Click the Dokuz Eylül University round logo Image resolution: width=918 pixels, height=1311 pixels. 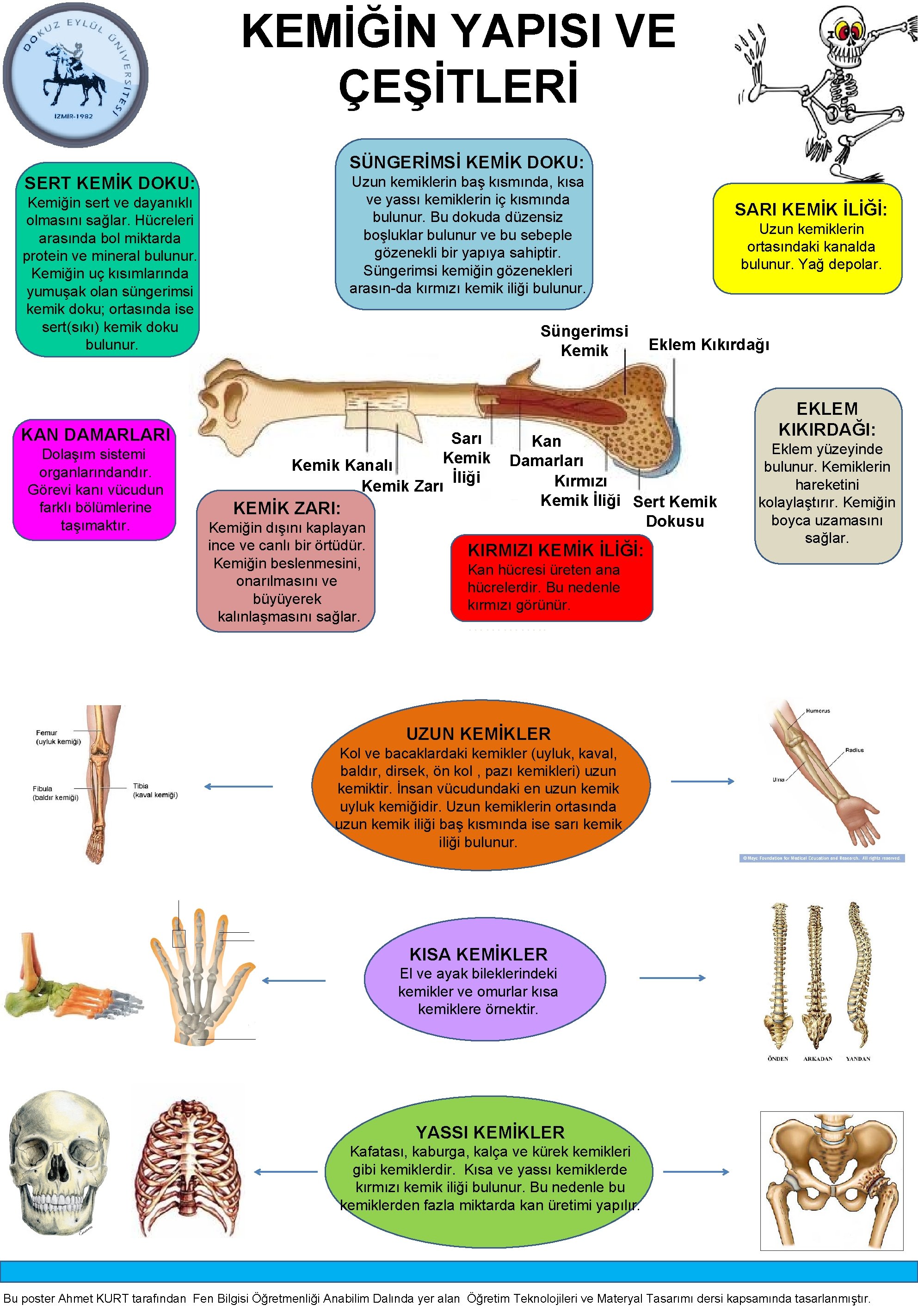click(x=75, y=74)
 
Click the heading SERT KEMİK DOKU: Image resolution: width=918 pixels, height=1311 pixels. click(x=110, y=183)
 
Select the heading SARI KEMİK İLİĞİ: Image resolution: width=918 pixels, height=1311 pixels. click(x=811, y=209)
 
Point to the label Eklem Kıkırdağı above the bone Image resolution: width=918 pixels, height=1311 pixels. click(x=709, y=345)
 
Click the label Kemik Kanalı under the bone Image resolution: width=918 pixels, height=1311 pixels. click(x=341, y=465)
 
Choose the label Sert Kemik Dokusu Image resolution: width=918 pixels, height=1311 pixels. click(x=675, y=511)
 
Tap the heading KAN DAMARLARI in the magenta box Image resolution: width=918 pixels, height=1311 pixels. click(x=95, y=435)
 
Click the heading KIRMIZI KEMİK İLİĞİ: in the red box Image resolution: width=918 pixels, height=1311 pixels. click(x=555, y=550)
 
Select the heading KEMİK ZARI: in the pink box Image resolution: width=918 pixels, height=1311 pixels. click(x=287, y=508)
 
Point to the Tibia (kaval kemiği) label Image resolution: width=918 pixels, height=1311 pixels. click(x=155, y=790)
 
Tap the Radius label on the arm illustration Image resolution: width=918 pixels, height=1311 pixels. click(x=854, y=750)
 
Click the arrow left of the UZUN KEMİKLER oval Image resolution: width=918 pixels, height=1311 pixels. click(x=239, y=786)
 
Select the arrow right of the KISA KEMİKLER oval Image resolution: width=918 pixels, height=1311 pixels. click(x=672, y=978)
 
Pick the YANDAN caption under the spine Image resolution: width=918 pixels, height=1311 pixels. click(x=857, y=1059)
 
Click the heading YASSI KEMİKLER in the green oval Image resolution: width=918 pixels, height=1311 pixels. click(x=490, y=1133)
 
